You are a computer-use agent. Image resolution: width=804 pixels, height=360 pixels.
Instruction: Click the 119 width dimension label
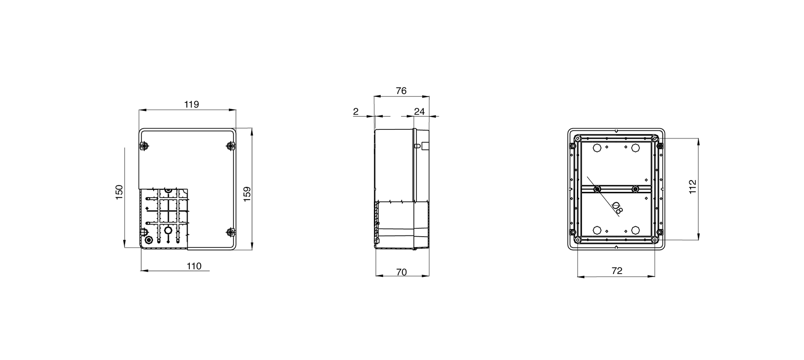(x=192, y=104)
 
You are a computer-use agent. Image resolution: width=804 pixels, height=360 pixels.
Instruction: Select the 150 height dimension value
(x=119, y=193)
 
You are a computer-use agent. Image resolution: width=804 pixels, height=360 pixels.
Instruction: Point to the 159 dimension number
(x=247, y=194)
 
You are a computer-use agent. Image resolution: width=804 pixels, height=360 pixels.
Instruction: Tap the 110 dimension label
(x=194, y=266)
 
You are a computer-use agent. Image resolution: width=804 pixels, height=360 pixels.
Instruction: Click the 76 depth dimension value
(x=401, y=91)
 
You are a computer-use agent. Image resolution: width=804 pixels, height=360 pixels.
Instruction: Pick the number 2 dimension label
(x=356, y=112)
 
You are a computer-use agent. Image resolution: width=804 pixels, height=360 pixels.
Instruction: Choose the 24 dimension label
(x=419, y=112)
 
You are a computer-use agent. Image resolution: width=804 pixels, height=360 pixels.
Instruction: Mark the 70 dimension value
(x=402, y=272)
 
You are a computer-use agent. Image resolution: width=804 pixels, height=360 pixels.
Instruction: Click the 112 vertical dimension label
(x=692, y=187)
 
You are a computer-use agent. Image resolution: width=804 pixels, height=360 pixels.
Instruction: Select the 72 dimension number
(x=617, y=271)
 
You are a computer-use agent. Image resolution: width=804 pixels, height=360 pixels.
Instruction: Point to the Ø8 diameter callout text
(x=617, y=208)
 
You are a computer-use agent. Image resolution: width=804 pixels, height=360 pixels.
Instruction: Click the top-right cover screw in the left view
(x=230, y=145)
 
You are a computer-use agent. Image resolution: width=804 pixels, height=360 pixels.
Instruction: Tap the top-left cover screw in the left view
(x=144, y=145)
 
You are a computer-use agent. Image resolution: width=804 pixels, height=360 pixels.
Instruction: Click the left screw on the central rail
(x=597, y=189)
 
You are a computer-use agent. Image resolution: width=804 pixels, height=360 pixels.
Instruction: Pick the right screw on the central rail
(x=635, y=189)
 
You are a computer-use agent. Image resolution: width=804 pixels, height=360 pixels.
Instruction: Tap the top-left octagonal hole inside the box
(x=597, y=148)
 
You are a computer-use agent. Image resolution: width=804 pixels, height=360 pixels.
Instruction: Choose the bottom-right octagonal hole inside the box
(x=635, y=230)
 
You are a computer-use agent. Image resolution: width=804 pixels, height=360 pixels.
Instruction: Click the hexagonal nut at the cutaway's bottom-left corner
(x=148, y=240)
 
